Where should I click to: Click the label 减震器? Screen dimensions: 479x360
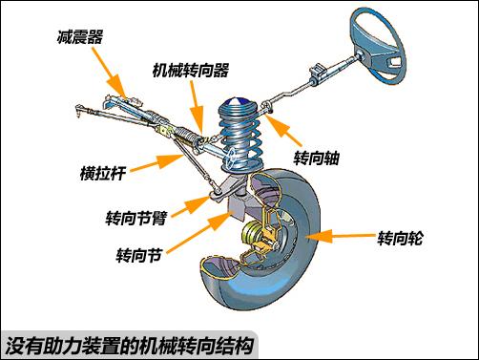[x=80, y=37]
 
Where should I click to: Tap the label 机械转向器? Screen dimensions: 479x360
[x=191, y=70]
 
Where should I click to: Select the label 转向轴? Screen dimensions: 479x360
[x=316, y=158]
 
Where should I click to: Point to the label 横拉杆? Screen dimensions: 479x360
[x=103, y=174]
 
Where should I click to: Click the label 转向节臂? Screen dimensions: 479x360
[x=136, y=218]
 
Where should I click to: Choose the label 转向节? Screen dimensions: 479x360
[x=139, y=255]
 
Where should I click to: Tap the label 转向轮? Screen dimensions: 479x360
[x=400, y=238]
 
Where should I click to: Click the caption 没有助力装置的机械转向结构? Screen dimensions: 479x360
[x=130, y=346]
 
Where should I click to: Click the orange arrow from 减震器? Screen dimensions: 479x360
[x=110, y=73]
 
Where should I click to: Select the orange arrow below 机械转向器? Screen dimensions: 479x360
[x=198, y=107]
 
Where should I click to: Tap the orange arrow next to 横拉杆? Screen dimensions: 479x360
[x=156, y=162]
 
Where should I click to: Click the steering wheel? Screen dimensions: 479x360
[x=377, y=47]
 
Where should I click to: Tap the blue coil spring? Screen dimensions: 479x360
[x=241, y=136]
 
